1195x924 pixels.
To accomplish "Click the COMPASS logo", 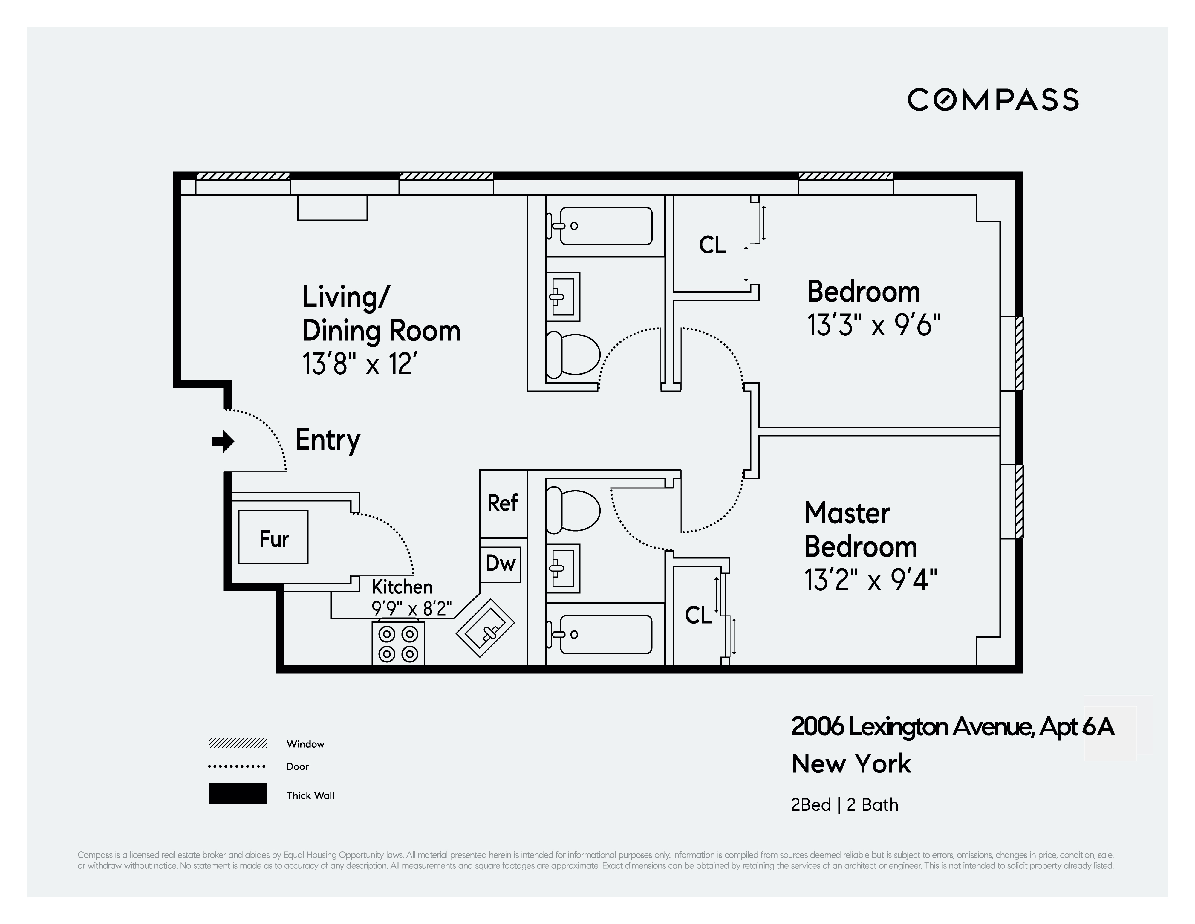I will click(x=993, y=100).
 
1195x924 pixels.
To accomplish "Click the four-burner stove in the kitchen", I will click(x=398, y=644).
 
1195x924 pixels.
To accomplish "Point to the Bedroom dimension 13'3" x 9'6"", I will click(x=873, y=325).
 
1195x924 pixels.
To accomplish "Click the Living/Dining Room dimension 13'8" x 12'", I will click(x=364, y=364).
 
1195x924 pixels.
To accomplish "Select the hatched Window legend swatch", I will click(x=238, y=743).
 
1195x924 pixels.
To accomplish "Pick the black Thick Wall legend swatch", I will click(x=238, y=794).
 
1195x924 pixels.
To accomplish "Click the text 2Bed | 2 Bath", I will click(x=844, y=805).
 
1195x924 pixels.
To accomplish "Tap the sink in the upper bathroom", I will click(x=564, y=297).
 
